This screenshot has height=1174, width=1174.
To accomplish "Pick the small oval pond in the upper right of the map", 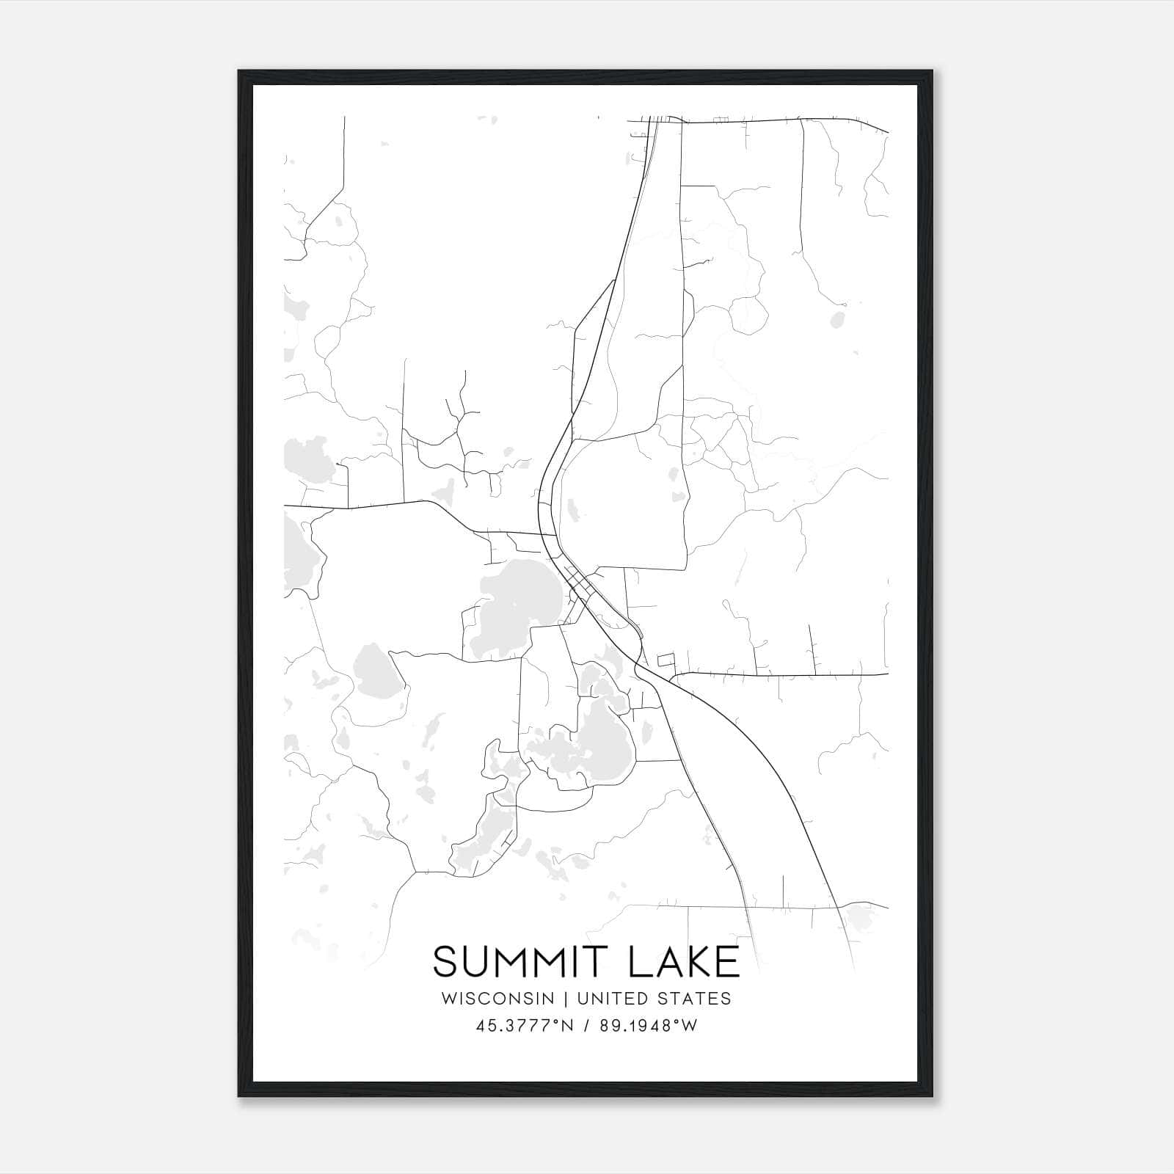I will point(836,320).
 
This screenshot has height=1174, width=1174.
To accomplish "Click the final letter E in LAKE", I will point(728,962).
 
